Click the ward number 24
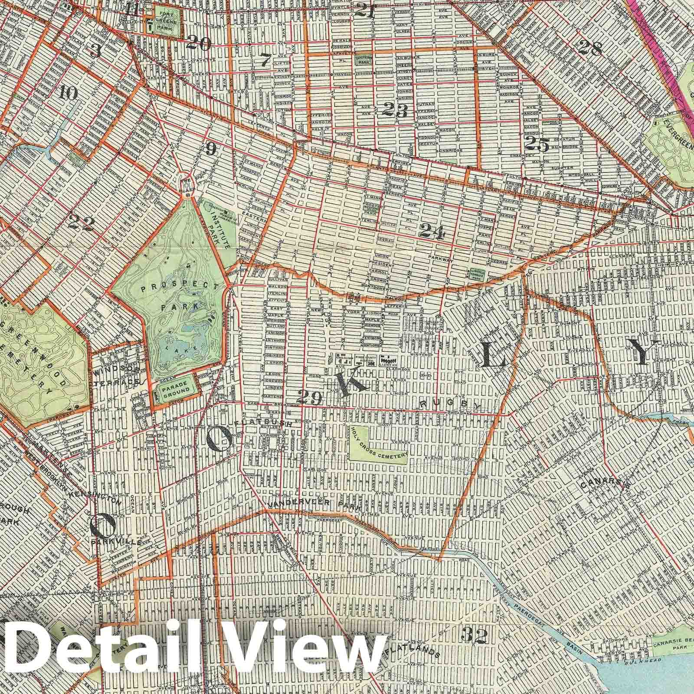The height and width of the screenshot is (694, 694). coord(432,233)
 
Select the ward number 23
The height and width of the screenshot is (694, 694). coord(395,111)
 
